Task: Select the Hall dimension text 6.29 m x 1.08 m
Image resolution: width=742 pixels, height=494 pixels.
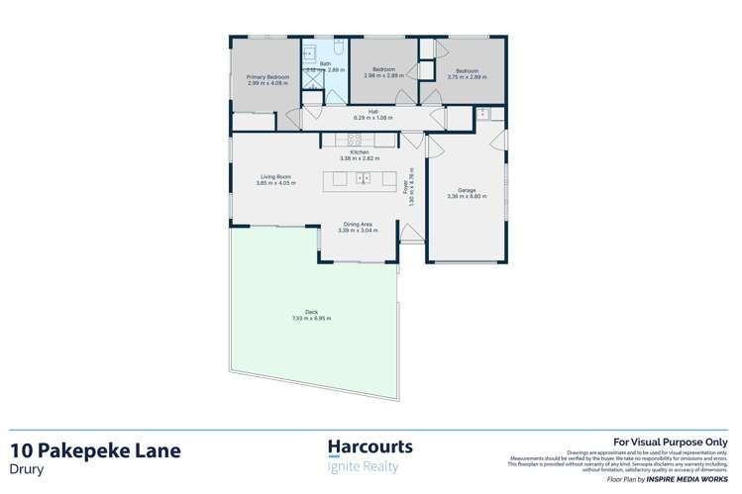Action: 373,118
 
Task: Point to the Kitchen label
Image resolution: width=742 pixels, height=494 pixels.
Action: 360,151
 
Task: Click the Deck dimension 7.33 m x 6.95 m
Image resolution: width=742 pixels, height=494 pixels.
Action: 311,319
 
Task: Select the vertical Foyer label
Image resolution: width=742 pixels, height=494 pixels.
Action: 409,188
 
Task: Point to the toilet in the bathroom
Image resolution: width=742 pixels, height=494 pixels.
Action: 338,48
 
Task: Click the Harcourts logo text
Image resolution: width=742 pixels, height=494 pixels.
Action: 370,447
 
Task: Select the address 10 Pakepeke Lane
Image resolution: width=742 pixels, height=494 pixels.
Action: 96,450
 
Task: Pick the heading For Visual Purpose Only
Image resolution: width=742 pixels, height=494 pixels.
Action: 671,443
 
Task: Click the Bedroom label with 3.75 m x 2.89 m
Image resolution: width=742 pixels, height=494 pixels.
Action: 468,70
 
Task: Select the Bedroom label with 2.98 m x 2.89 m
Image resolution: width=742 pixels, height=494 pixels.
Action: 383,69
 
